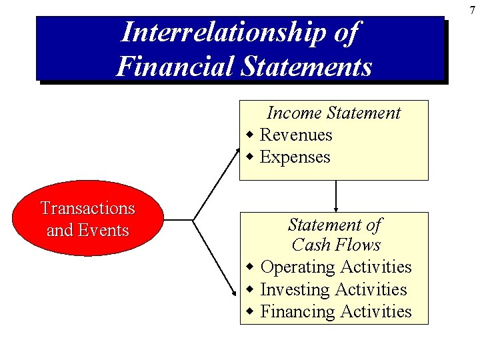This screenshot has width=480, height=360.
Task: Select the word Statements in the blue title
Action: point(303,66)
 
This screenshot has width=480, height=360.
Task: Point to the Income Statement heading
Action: point(333,113)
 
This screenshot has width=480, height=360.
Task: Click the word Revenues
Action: point(295,135)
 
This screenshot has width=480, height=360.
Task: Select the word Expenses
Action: point(295,157)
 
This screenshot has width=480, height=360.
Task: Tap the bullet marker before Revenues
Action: point(249,135)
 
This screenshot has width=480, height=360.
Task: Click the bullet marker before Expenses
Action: point(249,157)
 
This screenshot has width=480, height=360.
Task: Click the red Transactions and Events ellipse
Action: point(87,219)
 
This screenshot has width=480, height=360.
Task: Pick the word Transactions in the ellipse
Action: point(87,208)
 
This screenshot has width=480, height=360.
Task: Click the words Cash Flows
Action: point(335,245)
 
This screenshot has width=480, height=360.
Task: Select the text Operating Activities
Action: point(336,267)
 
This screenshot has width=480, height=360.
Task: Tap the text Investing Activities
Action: point(333,289)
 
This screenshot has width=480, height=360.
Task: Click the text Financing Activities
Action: point(336,311)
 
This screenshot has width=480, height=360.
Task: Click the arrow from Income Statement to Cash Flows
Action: point(335,195)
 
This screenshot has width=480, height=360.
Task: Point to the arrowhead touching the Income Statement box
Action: point(237,152)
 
